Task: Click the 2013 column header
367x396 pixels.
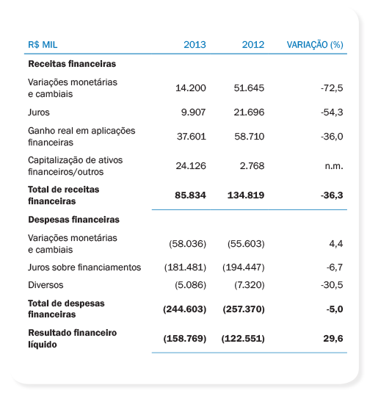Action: coord(195,45)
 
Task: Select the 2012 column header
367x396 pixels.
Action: coord(253,45)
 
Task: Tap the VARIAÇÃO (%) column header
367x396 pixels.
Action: coord(315,45)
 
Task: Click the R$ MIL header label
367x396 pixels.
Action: coord(43,45)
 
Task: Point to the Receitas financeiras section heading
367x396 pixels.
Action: coord(72,64)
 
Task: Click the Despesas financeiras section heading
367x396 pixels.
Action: coord(73,220)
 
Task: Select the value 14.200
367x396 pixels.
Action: coord(191,88)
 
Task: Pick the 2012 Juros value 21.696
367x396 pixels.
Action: coord(249,112)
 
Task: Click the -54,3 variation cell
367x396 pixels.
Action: coord(332,112)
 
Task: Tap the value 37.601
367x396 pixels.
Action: coord(191,137)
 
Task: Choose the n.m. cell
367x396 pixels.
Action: coord(334,166)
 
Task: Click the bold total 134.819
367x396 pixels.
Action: coord(246,195)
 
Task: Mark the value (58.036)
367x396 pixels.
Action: coord(187,244)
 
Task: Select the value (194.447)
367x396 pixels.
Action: coord(244,267)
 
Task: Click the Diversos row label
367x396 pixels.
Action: coord(46,285)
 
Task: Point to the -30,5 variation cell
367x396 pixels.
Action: coord(332,285)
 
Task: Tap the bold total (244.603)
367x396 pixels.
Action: coord(185,309)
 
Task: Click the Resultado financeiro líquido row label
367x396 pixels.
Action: coord(73,339)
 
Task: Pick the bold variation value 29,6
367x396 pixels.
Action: coord(333,339)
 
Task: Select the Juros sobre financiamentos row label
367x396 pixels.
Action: coord(84,267)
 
